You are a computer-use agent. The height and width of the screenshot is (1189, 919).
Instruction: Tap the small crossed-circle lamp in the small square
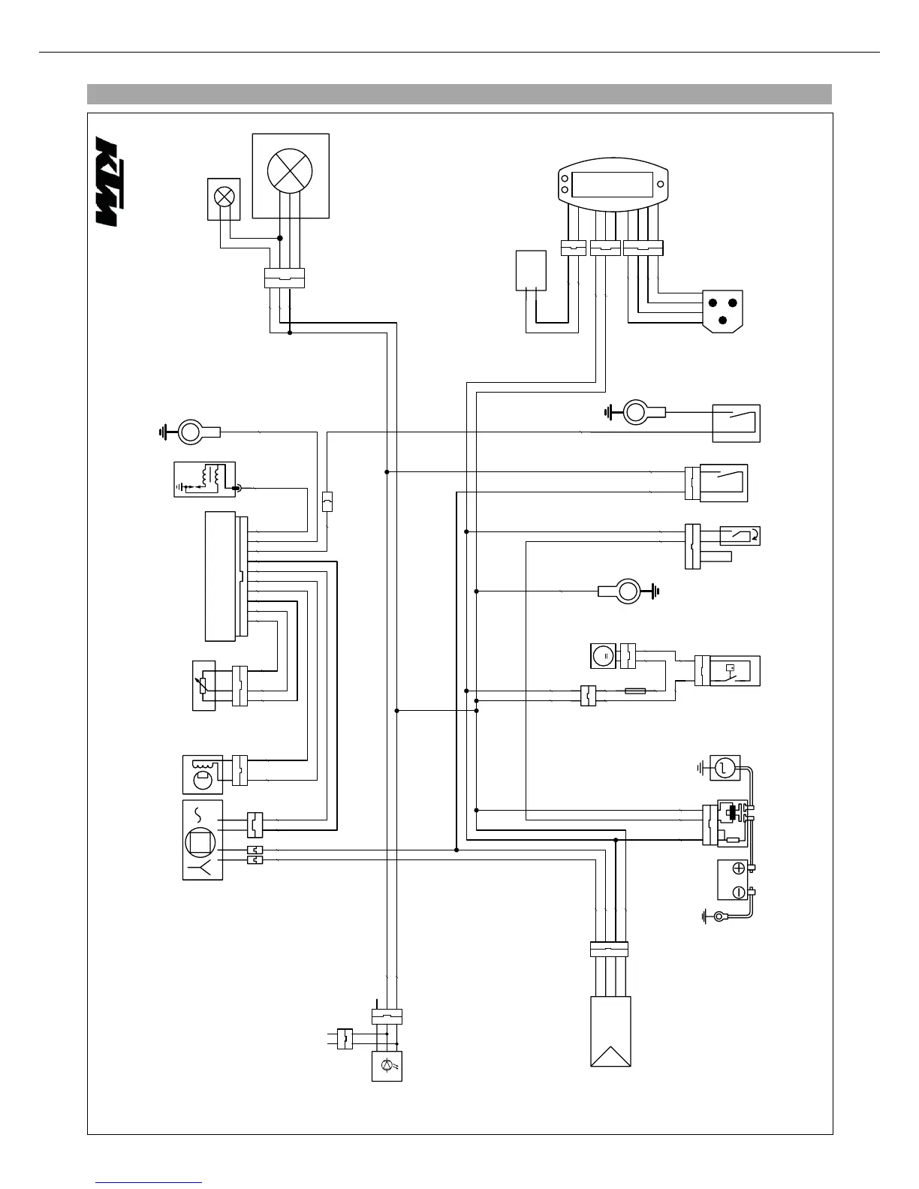[x=224, y=197]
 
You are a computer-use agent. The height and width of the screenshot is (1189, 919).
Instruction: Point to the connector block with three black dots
[x=722, y=309]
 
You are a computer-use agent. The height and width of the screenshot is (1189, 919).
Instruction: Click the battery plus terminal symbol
[x=737, y=868]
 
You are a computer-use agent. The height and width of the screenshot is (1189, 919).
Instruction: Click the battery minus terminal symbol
[x=737, y=892]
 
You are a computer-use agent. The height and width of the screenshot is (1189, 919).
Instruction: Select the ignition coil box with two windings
[x=204, y=480]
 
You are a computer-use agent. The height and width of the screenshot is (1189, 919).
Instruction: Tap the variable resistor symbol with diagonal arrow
[x=204, y=685]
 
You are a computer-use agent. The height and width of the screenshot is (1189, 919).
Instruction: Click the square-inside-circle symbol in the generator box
[x=201, y=841]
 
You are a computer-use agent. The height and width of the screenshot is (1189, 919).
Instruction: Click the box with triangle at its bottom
[x=610, y=1031]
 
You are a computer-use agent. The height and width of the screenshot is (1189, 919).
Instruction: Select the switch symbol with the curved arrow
[x=740, y=536]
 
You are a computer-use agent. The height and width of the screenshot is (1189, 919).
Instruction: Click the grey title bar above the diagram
[x=459, y=94]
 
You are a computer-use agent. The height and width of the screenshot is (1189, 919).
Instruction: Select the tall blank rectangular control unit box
[x=220, y=576]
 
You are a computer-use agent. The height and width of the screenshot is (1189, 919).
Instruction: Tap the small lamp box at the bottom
[x=387, y=1066]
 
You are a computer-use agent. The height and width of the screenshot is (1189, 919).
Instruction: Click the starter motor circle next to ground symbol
[x=725, y=767]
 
